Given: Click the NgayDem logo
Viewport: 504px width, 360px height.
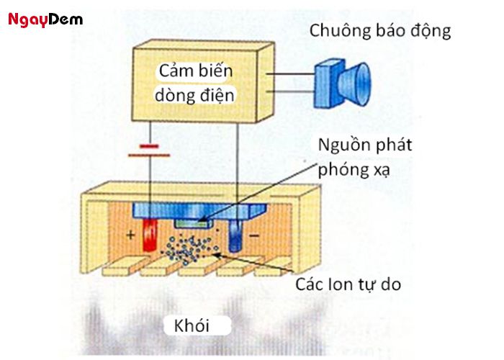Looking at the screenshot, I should pyautogui.click(x=45, y=19).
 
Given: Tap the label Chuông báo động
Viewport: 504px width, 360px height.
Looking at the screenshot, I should pyautogui.click(x=380, y=31).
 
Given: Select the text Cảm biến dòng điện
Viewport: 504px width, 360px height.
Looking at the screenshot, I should pyautogui.click(x=197, y=83).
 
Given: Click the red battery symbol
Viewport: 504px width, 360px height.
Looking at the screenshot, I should pyautogui.click(x=149, y=150).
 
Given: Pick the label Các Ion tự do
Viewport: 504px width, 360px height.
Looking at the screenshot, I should pyautogui.click(x=348, y=284).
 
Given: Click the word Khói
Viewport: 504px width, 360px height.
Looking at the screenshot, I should pyautogui.click(x=192, y=325).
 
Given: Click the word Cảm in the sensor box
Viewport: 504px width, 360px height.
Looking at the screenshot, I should pyautogui.click(x=177, y=72).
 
